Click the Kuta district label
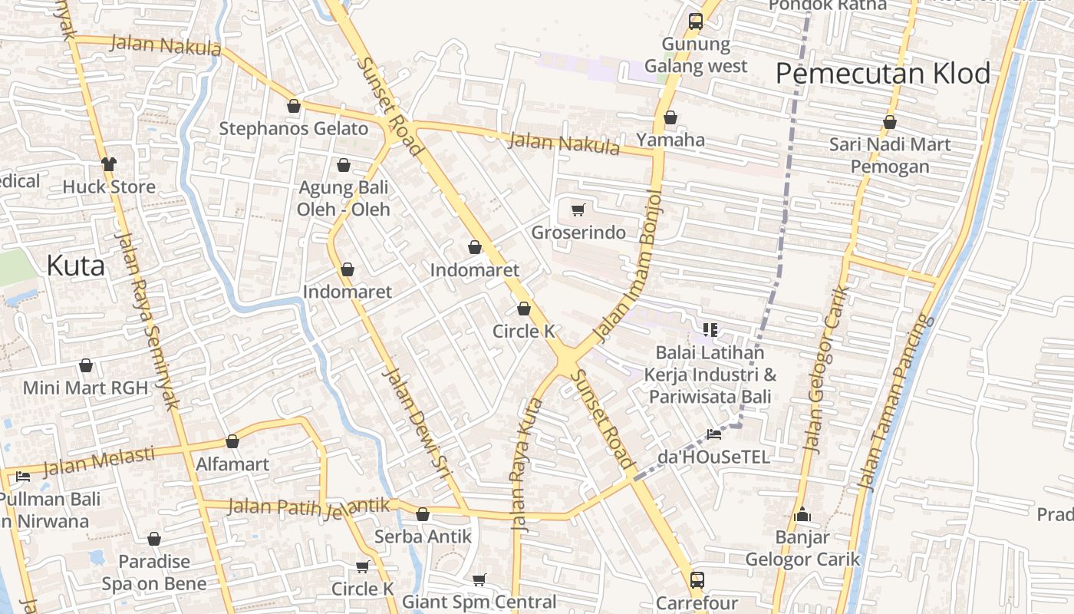tap(75, 266)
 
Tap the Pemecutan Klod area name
tap(883, 74)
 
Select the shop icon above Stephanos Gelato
tap(293, 106)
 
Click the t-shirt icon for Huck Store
tap(108, 163)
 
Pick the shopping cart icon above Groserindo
tap(578, 210)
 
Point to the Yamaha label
tap(670, 140)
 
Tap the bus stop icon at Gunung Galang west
tap(696, 21)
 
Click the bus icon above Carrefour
tap(697, 579)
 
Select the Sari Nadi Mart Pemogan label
tap(890, 155)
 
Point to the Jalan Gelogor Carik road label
tap(824, 368)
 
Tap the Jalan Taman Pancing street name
tap(895, 403)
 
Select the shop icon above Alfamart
tap(232, 441)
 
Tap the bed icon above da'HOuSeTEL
tap(714, 434)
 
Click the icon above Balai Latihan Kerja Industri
tap(710, 330)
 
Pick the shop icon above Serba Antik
tap(423, 514)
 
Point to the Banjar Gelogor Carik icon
tap(802, 514)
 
